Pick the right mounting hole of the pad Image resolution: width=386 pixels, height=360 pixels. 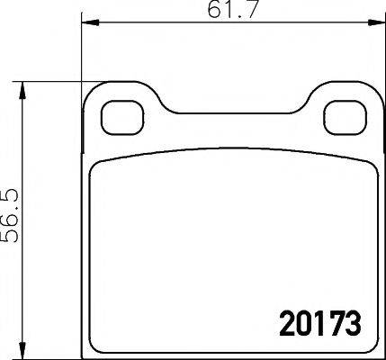(x=342, y=115)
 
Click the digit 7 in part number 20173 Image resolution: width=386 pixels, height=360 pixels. (x=335, y=320)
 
